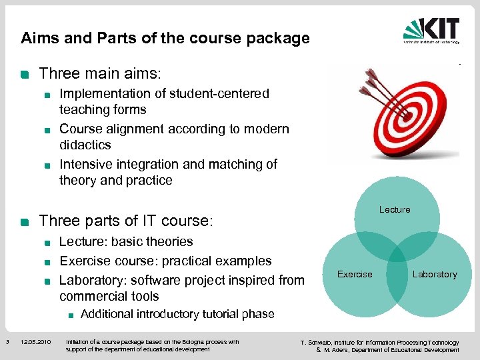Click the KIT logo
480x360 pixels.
[x=431, y=31]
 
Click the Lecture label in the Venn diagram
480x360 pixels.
[x=395, y=209]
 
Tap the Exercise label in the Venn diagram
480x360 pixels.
[x=355, y=274]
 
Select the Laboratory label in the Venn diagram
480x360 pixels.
[x=435, y=274]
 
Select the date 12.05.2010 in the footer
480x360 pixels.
[x=35, y=343]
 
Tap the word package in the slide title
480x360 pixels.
[x=285, y=38]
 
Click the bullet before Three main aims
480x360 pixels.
[x=25, y=73]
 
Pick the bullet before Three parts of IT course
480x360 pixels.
[x=25, y=221]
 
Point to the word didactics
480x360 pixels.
[x=85, y=145]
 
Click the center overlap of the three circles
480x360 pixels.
[x=396, y=257]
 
